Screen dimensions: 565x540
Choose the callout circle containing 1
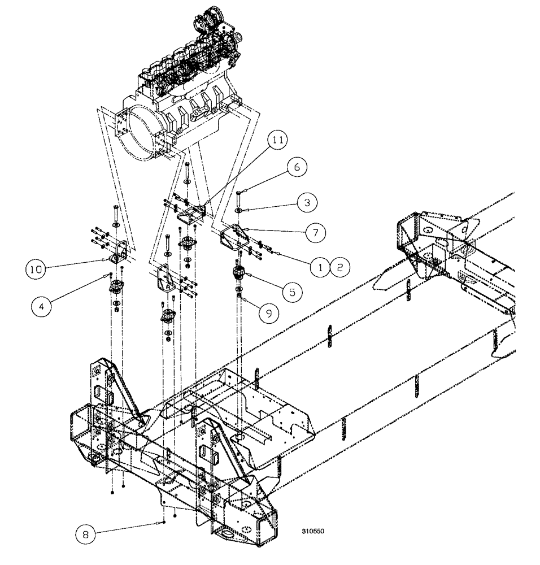click(320, 267)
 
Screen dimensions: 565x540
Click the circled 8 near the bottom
click(85, 532)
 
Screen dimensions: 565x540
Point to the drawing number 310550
click(313, 532)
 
